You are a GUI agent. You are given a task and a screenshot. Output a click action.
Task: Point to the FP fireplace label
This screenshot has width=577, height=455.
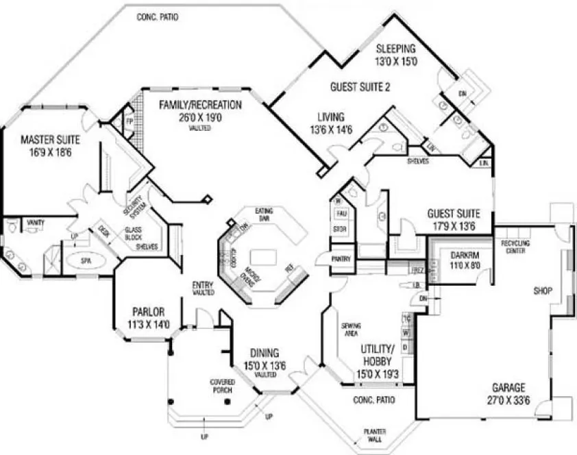click(x=128, y=120)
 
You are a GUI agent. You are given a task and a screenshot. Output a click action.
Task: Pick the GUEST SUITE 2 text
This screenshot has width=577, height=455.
click(x=360, y=87)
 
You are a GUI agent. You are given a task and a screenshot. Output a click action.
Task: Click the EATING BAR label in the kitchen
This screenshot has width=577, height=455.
click(x=264, y=214)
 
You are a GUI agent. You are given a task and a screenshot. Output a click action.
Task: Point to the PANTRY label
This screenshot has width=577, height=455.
click(x=341, y=259)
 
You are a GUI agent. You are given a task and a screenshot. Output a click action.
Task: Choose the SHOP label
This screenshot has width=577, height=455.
click(x=543, y=291)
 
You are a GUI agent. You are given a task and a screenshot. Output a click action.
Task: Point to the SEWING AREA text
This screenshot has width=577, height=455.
click(x=351, y=328)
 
